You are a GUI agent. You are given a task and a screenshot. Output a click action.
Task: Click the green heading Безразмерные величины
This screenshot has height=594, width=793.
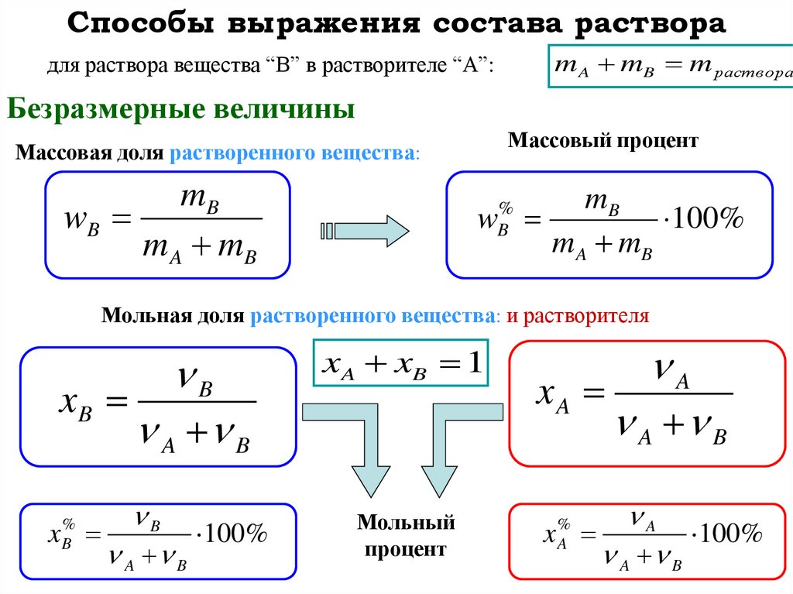tap(181, 108)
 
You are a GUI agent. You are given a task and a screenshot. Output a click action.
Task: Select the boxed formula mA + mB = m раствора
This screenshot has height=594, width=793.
tap(671, 67)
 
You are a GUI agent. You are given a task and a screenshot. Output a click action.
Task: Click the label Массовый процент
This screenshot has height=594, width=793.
tap(603, 140)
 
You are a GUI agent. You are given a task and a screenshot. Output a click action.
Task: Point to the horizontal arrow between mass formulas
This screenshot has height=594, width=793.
tap(363, 230)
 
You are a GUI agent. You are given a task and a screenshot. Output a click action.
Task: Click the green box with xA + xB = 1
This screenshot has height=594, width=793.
tap(401, 362)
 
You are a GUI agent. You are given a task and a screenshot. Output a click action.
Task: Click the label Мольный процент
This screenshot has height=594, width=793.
tap(406, 536)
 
